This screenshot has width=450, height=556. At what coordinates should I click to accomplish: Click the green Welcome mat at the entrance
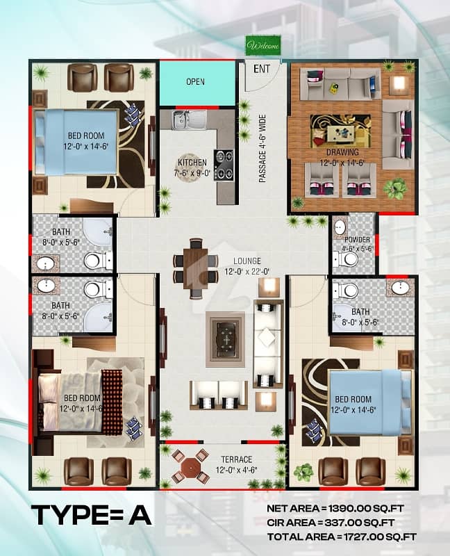[264, 45]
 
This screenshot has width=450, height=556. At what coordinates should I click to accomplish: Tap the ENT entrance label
[262, 69]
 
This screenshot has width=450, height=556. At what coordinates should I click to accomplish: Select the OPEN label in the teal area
[195, 81]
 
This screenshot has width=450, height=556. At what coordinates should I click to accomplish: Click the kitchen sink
[190, 120]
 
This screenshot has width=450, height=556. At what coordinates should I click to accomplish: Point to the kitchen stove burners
[224, 165]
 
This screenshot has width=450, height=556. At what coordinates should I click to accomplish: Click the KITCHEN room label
[192, 163]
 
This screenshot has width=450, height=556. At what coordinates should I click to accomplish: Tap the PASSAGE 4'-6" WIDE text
[262, 149]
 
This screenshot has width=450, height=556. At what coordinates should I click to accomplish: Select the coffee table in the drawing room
[340, 132]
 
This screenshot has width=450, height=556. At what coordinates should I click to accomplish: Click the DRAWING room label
[342, 152]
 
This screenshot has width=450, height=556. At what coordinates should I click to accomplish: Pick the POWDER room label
[357, 240]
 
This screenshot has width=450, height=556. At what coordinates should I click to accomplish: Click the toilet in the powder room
[347, 259]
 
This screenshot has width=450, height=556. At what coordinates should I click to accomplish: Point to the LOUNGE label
[247, 261]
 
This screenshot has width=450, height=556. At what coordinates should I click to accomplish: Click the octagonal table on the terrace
[188, 465]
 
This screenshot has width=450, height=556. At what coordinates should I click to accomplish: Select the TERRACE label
[237, 459]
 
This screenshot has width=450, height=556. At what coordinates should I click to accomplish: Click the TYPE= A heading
[92, 515]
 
